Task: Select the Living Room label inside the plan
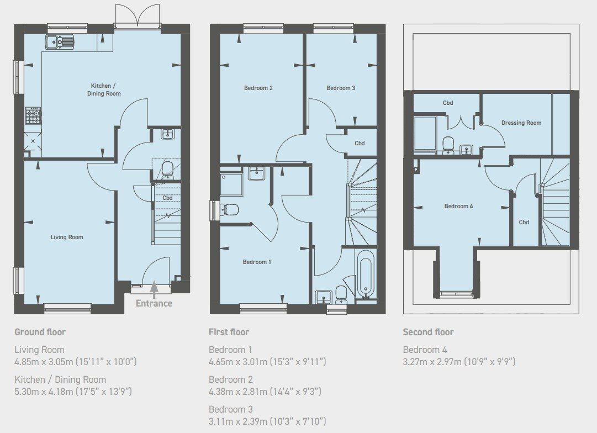point(67,237)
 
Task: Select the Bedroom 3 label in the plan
point(340,88)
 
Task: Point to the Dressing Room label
point(521,123)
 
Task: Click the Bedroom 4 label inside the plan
point(458,206)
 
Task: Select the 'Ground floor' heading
point(40,332)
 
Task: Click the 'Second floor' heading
point(428,332)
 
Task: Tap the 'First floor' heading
point(229,332)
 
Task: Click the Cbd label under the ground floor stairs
point(167,198)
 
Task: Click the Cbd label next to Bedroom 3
point(360,144)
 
